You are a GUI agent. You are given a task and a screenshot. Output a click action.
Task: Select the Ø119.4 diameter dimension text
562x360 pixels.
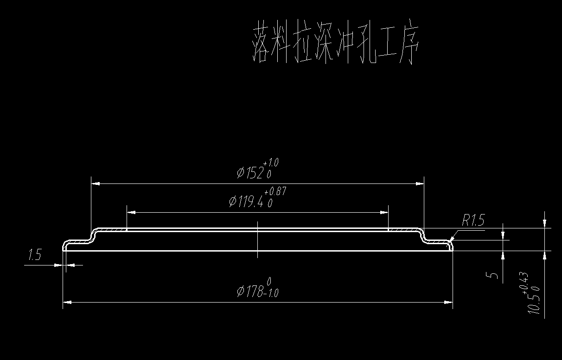[x=247, y=202]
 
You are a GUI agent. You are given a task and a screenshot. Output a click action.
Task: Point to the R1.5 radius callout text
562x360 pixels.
[x=473, y=221]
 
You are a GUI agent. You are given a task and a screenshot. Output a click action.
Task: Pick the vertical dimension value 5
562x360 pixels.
[x=494, y=276]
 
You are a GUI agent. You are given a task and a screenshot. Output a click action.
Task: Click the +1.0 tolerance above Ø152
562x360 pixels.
[x=271, y=163]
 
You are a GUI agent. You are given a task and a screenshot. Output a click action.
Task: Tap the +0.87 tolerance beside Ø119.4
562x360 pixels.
[x=275, y=191]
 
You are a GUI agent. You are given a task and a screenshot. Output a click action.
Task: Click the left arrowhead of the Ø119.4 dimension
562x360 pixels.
[x=131, y=212]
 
